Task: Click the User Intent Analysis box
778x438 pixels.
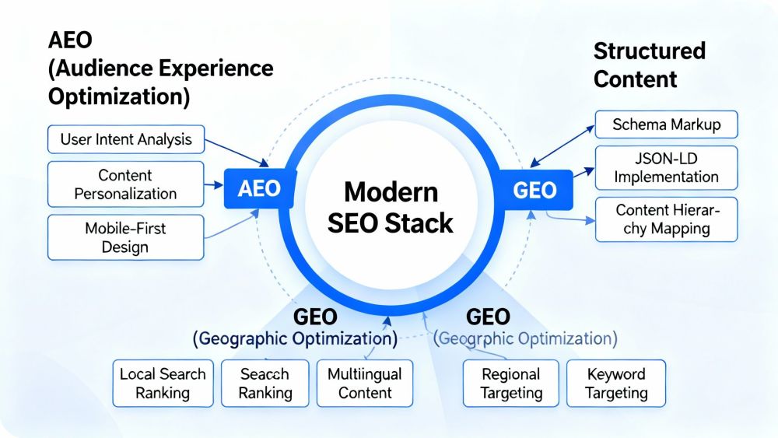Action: pos(125,140)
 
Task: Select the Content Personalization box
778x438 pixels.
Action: pos(125,184)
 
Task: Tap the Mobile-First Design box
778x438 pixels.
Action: pos(125,238)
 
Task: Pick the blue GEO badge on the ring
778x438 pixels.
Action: pos(535,190)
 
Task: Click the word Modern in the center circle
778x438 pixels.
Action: pos(391,191)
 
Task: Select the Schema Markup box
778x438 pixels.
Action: pos(666,124)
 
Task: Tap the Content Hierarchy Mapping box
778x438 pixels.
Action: pos(666,219)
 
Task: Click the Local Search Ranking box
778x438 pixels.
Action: pos(163,383)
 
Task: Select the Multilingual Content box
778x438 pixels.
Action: pos(364,383)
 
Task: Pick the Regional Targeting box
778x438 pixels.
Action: pos(511,383)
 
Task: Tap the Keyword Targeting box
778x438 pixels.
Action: pos(616,383)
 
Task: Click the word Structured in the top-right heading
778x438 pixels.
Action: pos(649,51)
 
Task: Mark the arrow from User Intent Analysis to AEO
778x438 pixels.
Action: pos(237,152)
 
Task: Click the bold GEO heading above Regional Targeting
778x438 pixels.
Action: pos(488,317)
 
